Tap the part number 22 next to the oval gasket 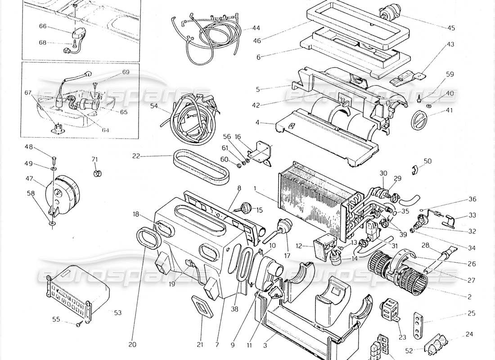137,156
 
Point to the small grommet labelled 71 96,174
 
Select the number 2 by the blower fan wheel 469,297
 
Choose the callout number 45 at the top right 451,28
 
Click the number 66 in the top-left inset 43,26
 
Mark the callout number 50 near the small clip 427,161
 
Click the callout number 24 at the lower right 470,334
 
